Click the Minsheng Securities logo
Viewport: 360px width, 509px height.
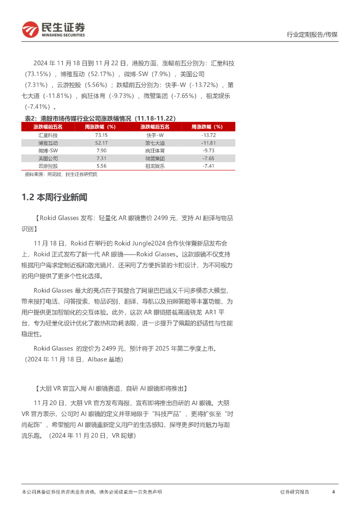pyautogui.click(x=53, y=29)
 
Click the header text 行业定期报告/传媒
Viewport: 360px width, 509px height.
pyautogui.click(x=312, y=35)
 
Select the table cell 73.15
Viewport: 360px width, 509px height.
pyautogui.click(x=101, y=135)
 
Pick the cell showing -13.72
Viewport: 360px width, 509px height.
pyautogui.click(x=208, y=135)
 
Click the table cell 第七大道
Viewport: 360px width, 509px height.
pyautogui.click(x=154, y=143)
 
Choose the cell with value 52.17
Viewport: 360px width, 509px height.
pyautogui.click(x=101, y=143)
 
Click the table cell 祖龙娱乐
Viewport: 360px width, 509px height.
pyautogui.click(x=154, y=166)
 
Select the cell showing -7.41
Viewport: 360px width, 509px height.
pyautogui.click(x=208, y=166)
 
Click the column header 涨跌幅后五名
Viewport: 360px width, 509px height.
pyautogui.click(x=154, y=127)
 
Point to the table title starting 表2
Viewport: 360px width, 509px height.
pyautogui.click(x=100, y=118)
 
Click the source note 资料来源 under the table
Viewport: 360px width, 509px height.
pyautogui.click(x=61, y=174)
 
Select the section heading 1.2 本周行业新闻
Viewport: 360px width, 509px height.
pyautogui.click(x=54, y=197)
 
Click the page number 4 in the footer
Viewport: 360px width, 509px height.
pyautogui.click(x=333, y=492)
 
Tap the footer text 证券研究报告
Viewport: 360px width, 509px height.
pyautogui.click(x=294, y=492)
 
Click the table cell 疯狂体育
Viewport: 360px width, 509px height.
pyautogui.click(x=154, y=150)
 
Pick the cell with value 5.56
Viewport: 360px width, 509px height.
pyautogui.click(x=101, y=166)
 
